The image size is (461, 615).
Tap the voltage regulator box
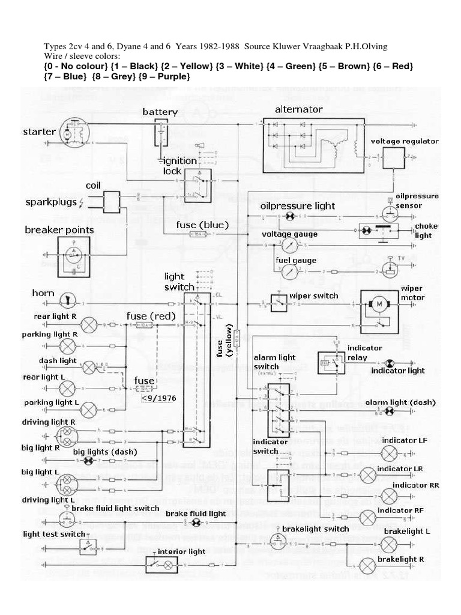[394, 158]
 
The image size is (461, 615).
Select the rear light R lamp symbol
[89, 325]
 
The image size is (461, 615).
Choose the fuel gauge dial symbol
[289, 272]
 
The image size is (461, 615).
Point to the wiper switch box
[280, 303]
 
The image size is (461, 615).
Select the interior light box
[161, 565]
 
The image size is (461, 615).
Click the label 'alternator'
[298, 109]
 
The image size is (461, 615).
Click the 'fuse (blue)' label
[203, 225]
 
